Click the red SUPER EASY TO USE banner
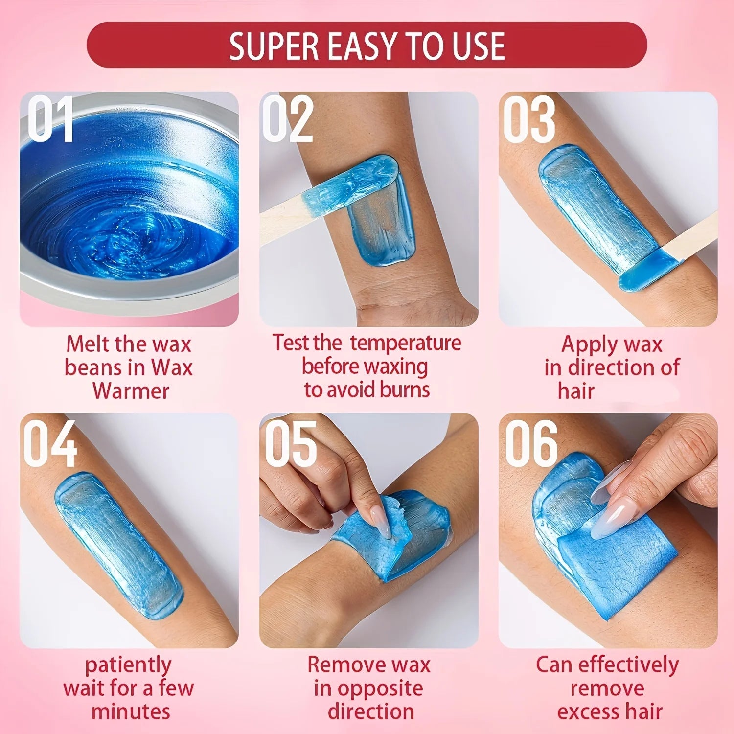coord(367,45)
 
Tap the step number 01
coord(50,119)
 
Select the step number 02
coord(288,119)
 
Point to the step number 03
coord(529,119)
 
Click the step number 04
coord(50,443)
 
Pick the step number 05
coord(291,443)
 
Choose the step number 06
coord(531,443)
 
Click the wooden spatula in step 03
coord(695,240)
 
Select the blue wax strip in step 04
coord(117,543)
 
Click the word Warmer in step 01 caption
coord(131,391)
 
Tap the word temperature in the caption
coord(406,343)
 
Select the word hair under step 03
coord(576,391)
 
